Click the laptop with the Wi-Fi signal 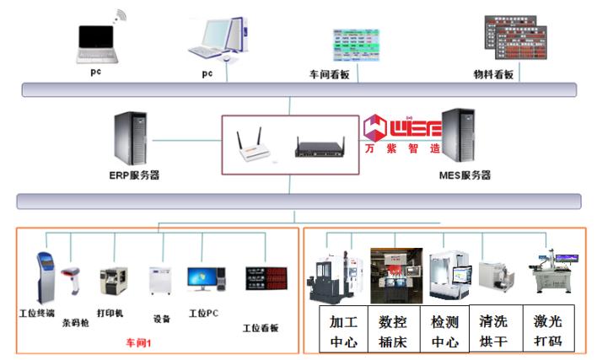[x=98, y=40]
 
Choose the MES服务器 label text [x=465, y=176]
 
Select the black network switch [x=320, y=149]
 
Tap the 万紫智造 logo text [x=403, y=148]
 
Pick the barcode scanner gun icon [x=71, y=283]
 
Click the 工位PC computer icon [x=204, y=282]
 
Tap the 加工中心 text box [x=343, y=331]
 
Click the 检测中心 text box [x=444, y=331]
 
